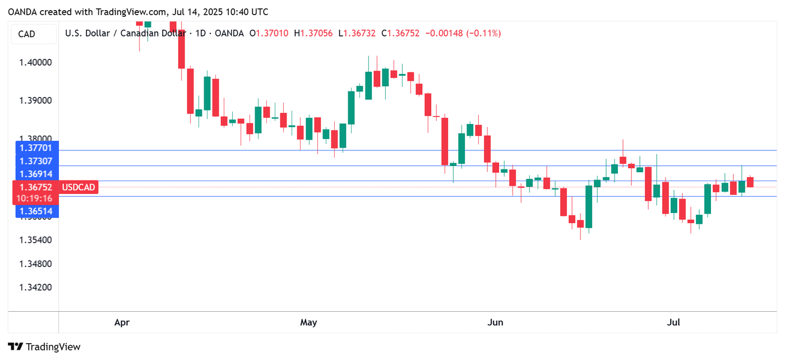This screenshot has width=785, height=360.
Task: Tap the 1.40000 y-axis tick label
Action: (36, 62)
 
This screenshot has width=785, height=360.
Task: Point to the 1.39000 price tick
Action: (36, 101)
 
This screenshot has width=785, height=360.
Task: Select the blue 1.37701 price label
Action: (36, 148)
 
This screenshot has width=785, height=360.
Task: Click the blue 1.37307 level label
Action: (36, 161)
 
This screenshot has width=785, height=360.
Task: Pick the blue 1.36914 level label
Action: (36, 174)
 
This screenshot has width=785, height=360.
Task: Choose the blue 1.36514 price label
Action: (36, 211)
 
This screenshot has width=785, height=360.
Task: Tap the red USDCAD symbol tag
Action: (78, 187)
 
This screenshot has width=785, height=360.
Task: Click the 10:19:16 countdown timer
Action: (35, 199)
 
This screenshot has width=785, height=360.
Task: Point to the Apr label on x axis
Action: (122, 322)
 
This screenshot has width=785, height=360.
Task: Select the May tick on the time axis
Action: (308, 322)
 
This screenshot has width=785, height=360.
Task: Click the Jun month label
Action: (495, 322)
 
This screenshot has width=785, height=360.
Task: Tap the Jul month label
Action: (673, 322)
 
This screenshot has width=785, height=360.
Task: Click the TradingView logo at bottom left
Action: (45, 347)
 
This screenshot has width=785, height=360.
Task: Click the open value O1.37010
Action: (269, 34)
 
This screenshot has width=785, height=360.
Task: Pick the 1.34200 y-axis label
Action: (36, 288)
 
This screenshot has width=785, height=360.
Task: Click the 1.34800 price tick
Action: (36, 264)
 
